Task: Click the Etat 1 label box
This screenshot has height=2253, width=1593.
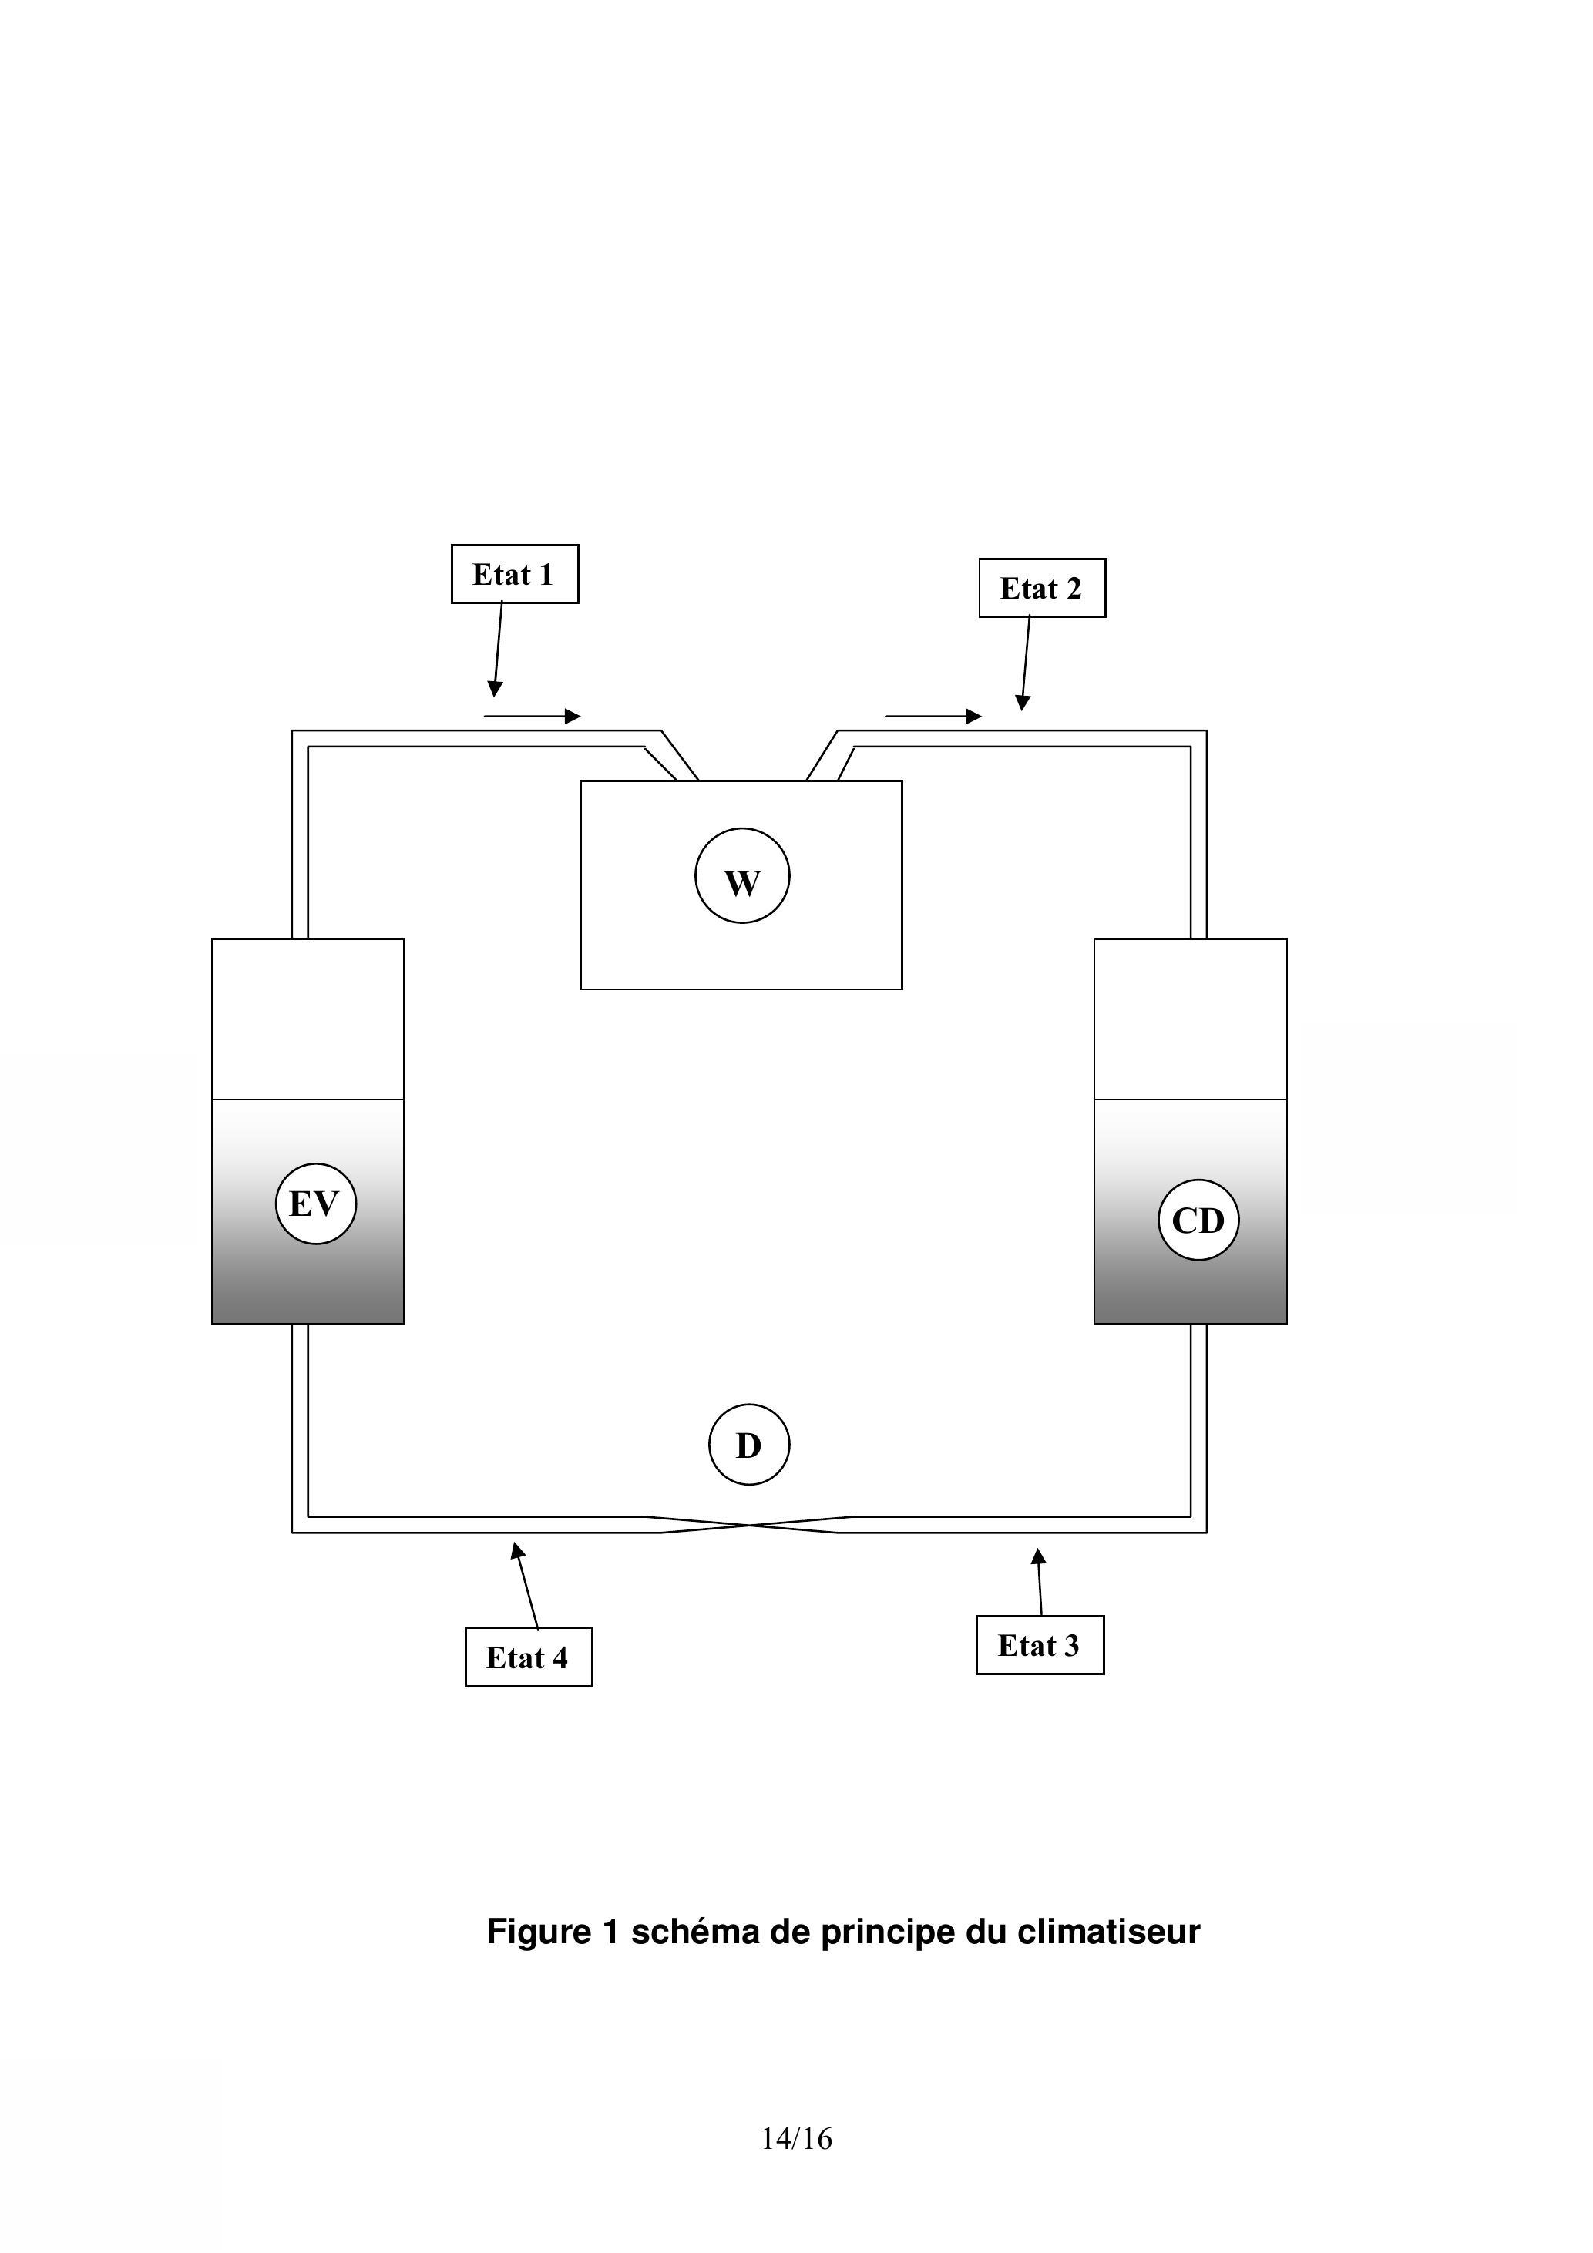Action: [x=514, y=574]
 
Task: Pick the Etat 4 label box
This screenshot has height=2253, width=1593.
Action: [x=528, y=1657]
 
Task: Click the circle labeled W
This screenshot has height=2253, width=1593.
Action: [x=742, y=875]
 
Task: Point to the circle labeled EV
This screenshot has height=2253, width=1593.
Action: [x=315, y=1203]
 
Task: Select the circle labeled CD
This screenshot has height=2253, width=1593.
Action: [x=1198, y=1220]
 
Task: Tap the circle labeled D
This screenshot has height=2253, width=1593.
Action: [x=749, y=1445]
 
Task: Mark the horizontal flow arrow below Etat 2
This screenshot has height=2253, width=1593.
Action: [x=933, y=717]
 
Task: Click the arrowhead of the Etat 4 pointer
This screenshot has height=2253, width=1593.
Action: [x=516, y=1550]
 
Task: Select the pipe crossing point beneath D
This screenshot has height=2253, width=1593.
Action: [x=750, y=1525]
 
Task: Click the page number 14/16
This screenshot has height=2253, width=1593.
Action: [x=796, y=2138]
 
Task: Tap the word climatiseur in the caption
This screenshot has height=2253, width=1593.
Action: [x=1108, y=1931]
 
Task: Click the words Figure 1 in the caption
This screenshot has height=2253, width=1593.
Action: [x=553, y=1931]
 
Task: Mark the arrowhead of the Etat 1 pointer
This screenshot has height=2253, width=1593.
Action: [x=496, y=690]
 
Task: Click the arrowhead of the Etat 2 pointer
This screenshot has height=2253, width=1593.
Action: [x=1023, y=703]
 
